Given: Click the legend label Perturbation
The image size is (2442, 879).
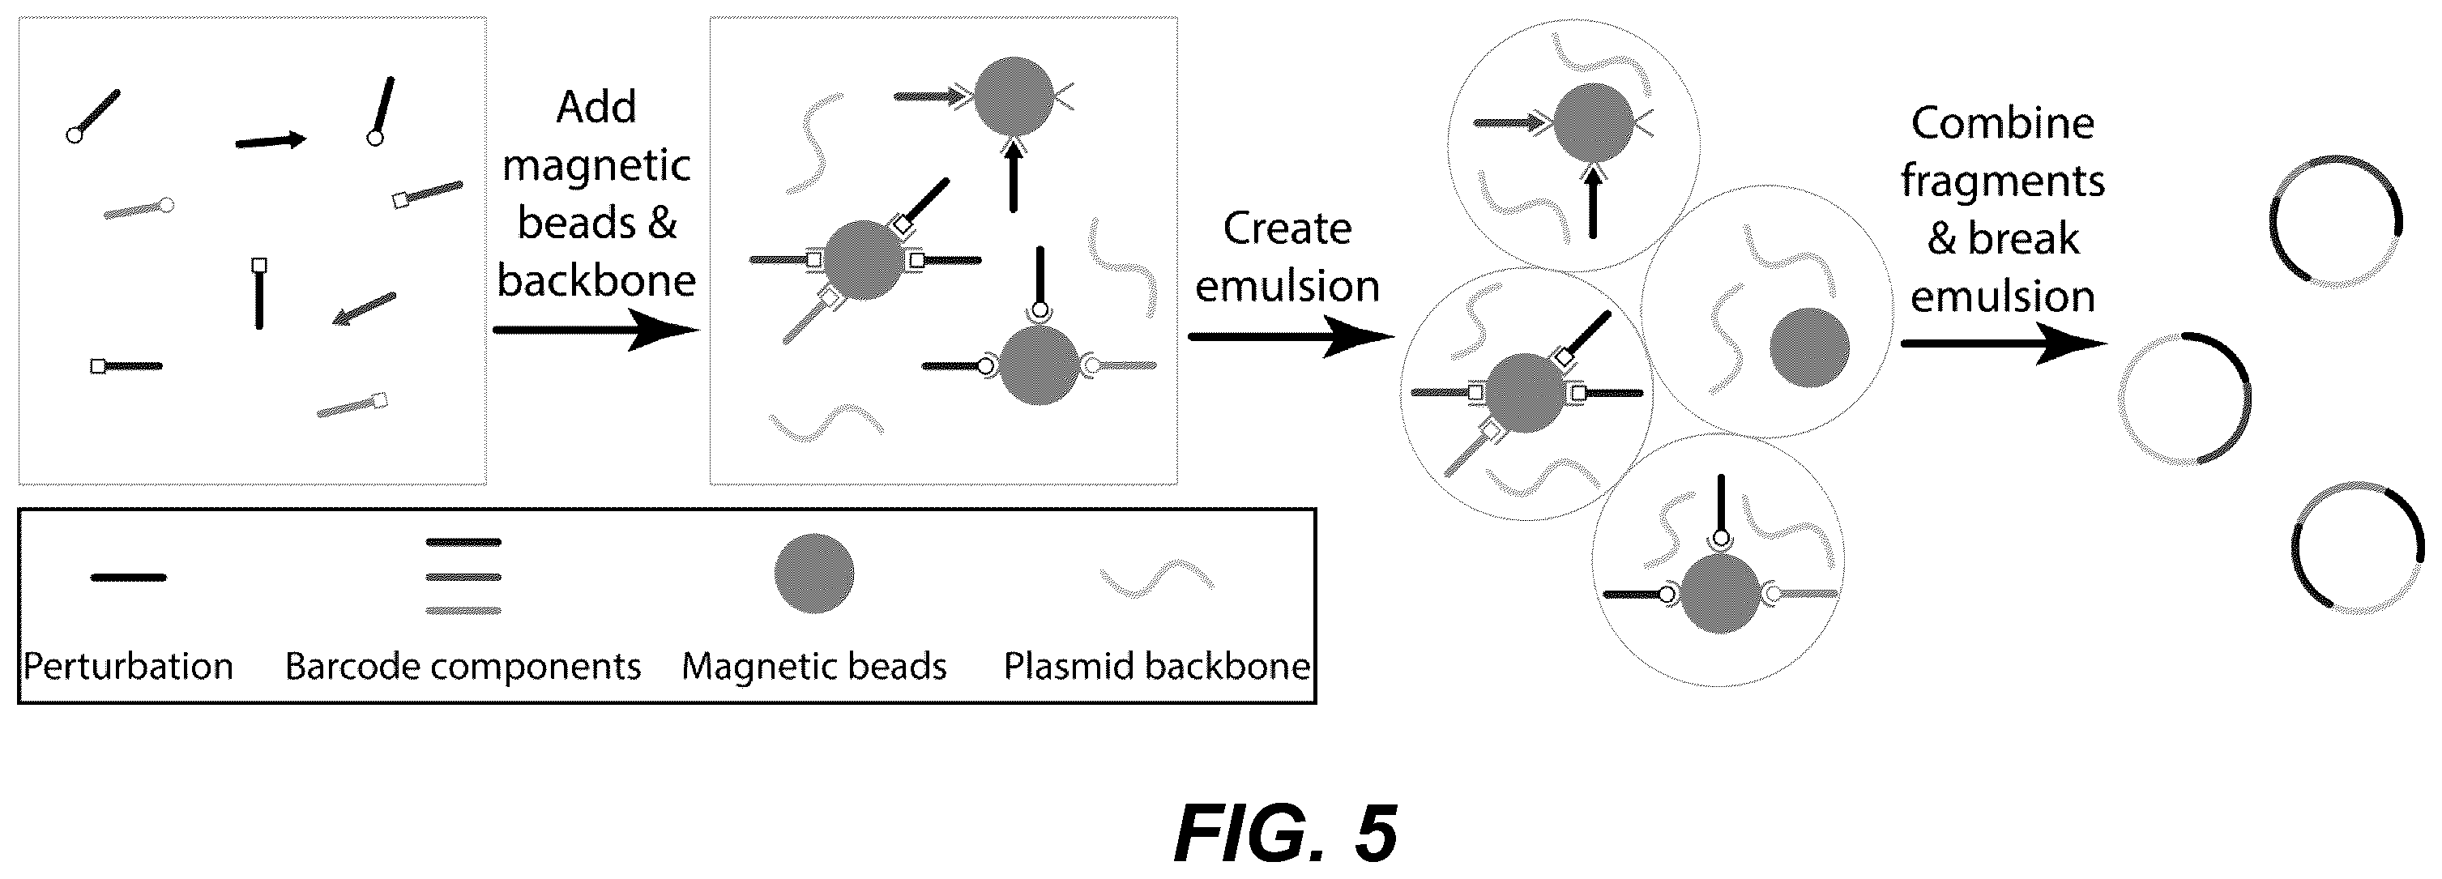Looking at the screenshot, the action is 128,666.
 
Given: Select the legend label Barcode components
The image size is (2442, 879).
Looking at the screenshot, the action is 463,666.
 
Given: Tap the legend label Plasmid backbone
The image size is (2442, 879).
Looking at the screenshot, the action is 1156,666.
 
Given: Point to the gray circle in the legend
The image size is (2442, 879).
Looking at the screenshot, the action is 814,574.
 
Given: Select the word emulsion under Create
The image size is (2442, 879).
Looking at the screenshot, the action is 1287,286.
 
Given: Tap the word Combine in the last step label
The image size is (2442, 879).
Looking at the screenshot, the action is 2002,123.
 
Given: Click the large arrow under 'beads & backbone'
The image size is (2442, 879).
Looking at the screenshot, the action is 596,330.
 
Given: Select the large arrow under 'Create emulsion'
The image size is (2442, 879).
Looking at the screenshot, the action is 1291,337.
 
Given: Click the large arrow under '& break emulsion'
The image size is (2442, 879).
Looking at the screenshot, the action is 2004,343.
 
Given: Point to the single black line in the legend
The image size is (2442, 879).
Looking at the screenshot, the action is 128,578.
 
